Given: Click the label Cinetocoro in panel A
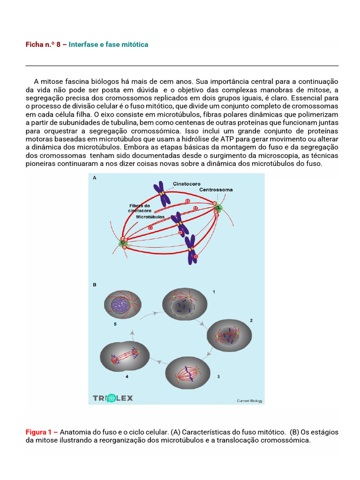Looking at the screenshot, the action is (x=187, y=184).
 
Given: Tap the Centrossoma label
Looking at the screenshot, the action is (x=216, y=190).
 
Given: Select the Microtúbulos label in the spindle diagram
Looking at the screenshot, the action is (x=150, y=217).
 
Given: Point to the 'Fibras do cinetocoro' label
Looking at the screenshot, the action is (x=140, y=208).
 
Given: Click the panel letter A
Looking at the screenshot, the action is (x=95, y=178).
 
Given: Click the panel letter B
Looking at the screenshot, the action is (x=95, y=285).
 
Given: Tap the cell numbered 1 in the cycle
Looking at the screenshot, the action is (x=185, y=304).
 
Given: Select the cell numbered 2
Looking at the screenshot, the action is (x=229, y=336).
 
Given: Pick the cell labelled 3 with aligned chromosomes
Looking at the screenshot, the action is (x=187, y=373).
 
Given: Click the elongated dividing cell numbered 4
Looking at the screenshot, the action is (x=125, y=356).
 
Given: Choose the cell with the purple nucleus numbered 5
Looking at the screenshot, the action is (x=123, y=305).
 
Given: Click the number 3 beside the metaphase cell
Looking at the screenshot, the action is (x=218, y=376).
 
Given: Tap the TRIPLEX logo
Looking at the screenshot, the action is (x=112, y=398).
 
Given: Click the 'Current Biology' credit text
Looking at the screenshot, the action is (x=249, y=401).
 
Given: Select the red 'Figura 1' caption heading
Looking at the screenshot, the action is (x=42, y=432).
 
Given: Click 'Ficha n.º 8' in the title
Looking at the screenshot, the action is (x=43, y=45).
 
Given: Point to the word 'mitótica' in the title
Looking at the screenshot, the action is (x=135, y=45).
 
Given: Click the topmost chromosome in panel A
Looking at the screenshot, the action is (x=162, y=194).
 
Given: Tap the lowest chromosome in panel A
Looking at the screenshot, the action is (x=191, y=249).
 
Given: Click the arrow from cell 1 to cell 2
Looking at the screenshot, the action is (x=200, y=322).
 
